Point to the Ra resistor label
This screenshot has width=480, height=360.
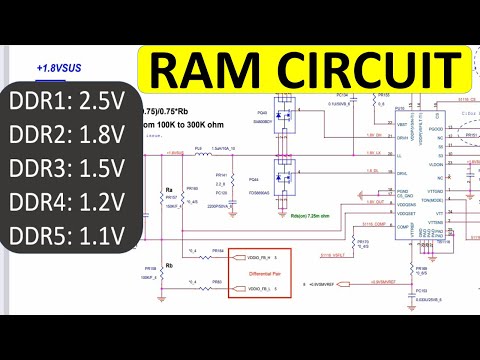(x=169, y=187)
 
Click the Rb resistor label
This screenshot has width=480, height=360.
(x=169, y=238)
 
